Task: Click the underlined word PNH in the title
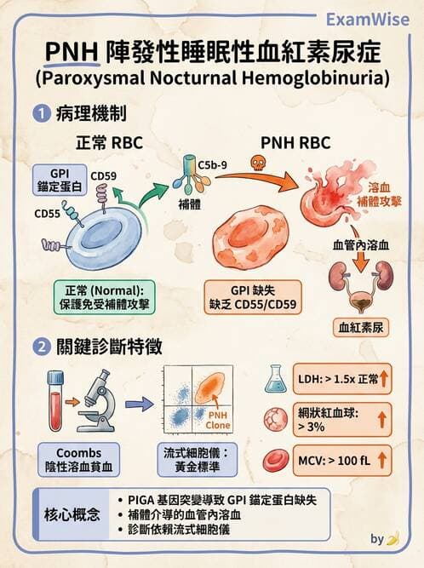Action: click(69, 54)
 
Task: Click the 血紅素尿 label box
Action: click(358, 326)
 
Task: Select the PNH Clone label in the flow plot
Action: click(219, 420)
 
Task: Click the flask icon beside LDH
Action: click(276, 378)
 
